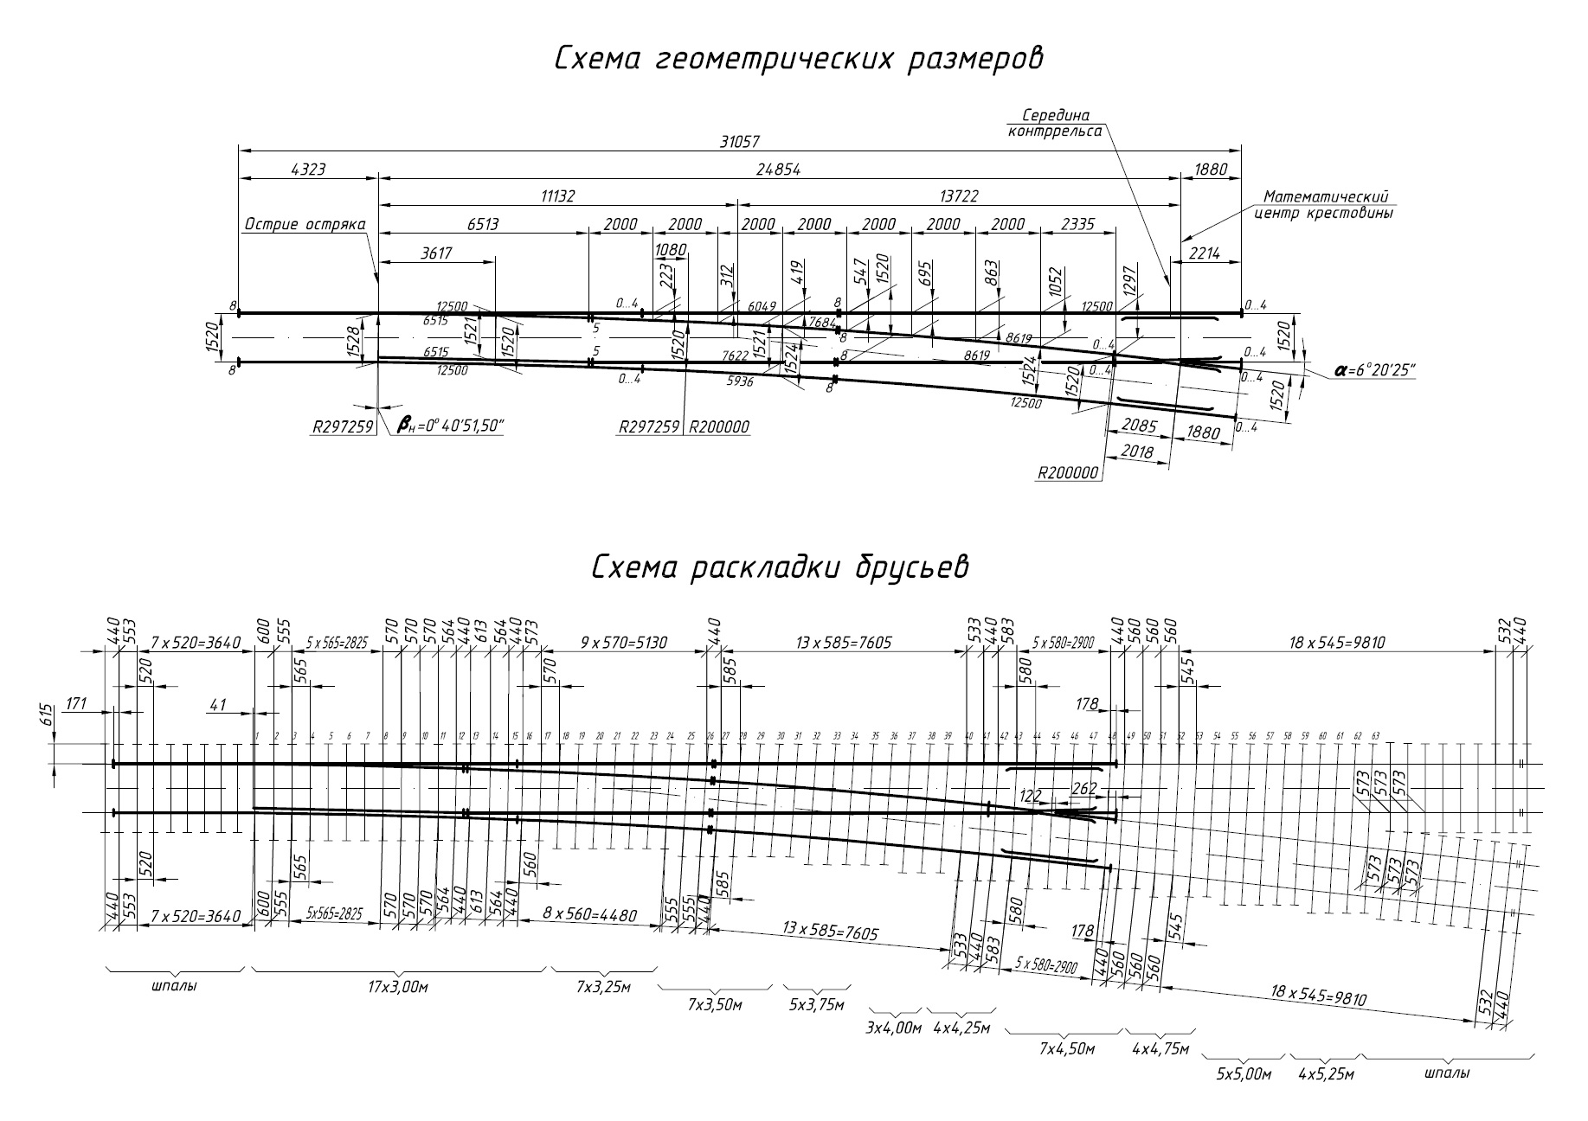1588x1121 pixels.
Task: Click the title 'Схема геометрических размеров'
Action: [797, 60]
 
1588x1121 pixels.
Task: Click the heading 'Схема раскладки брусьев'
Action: [780, 567]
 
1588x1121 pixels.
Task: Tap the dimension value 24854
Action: [779, 170]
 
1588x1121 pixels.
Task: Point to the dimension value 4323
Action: [308, 170]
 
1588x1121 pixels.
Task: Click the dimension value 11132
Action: [558, 196]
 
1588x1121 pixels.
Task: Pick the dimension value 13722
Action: [958, 196]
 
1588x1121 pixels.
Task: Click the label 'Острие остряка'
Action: [305, 225]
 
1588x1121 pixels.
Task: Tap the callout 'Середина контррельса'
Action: [1055, 123]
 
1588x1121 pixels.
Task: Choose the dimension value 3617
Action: [435, 253]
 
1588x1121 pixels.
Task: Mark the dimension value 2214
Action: [1204, 253]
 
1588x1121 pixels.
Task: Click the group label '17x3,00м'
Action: [398, 987]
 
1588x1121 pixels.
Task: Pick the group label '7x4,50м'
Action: [1067, 1048]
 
